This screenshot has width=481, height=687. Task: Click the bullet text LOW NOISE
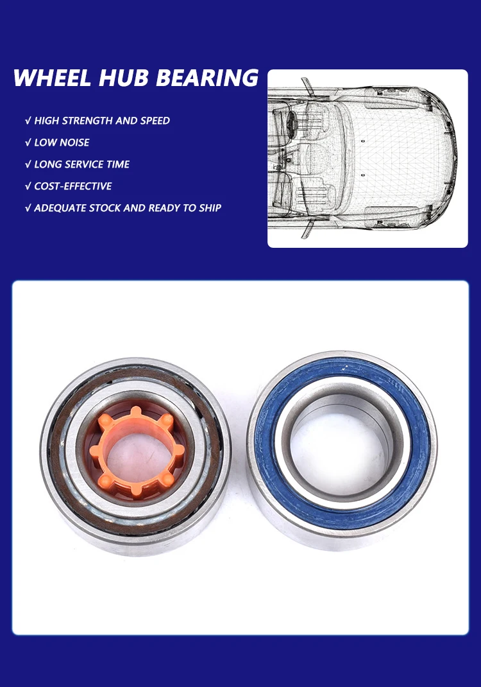pyautogui.click(x=62, y=143)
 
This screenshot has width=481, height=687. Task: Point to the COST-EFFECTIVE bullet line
pyautogui.click(x=73, y=186)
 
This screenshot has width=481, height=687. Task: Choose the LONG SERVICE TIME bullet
pyautogui.click(x=81, y=164)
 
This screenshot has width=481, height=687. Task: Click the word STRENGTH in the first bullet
pyautogui.click(x=87, y=121)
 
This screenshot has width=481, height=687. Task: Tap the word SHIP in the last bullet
pyautogui.click(x=210, y=208)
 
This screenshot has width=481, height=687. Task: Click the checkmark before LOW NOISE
pyautogui.click(x=28, y=143)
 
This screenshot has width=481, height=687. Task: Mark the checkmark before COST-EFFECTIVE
pyautogui.click(x=28, y=186)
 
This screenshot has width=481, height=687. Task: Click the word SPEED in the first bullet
pyautogui.click(x=156, y=121)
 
